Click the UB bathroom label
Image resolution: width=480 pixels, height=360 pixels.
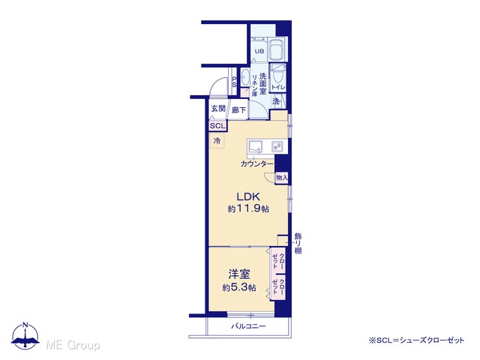pyautogui.click(x=259, y=52)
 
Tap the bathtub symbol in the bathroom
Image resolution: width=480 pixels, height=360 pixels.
pyautogui.click(x=277, y=50)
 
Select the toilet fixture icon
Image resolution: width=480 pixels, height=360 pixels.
pyautogui.click(x=278, y=75)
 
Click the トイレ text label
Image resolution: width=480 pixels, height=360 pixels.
pyautogui.click(x=278, y=87)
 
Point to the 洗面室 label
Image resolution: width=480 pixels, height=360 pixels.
pyautogui.click(x=262, y=83)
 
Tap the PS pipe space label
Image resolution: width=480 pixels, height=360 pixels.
pyautogui.click(x=234, y=82)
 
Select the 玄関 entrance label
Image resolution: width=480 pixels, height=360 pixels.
pyautogui.click(x=218, y=108)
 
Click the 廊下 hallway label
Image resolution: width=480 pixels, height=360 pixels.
pyautogui.click(x=238, y=110)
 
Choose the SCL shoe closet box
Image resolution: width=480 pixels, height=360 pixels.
pyautogui.click(x=217, y=125)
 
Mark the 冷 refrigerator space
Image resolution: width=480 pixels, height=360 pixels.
pyautogui.click(x=217, y=141)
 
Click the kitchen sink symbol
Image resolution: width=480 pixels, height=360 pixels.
pyautogui.click(x=255, y=147)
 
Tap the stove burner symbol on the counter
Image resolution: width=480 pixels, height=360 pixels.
pyautogui.click(x=277, y=147)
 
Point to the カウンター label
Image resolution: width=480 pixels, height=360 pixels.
pyautogui.click(x=256, y=163)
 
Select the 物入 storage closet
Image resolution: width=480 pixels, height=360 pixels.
pyautogui.click(x=282, y=177)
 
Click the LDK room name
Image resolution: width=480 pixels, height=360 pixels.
pyautogui.click(x=248, y=196)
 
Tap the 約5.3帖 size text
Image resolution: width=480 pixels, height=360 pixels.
pyautogui.click(x=239, y=288)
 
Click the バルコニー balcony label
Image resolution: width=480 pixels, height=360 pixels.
pyautogui.click(x=248, y=326)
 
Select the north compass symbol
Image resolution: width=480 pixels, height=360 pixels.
pyautogui.click(x=25, y=336)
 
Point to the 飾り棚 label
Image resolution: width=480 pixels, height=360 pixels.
pyautogui.click(x=298, y=244)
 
